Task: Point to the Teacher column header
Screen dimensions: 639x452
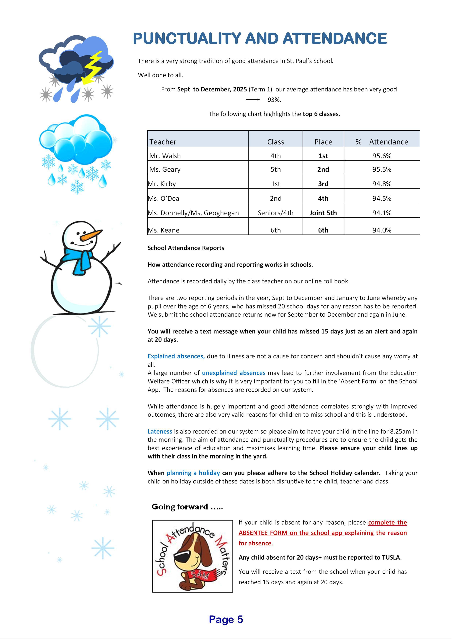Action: pos(163,142)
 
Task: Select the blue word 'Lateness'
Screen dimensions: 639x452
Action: pos(160,431)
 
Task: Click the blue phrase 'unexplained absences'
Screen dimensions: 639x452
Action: pos(234,373)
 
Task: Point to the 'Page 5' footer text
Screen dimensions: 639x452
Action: pos(226,619)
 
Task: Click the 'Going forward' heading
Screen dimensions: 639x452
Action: pos(187,507)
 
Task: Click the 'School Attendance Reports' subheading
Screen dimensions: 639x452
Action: pos(186,248)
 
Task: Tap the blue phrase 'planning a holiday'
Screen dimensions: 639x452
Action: pos(193,473)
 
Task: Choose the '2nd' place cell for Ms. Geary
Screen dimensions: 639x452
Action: pos(323,169)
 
